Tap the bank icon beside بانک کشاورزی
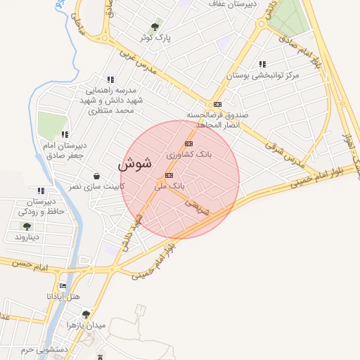[188, 143]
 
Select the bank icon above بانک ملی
[169, 175]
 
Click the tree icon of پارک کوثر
[155, 27]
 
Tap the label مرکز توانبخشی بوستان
[263, 74]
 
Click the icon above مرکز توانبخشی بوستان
[262, 63]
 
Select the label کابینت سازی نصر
[95, 186]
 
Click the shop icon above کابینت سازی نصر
[96, 176]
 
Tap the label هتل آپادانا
[64, 297]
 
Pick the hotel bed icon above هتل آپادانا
[63, 286]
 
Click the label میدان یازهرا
[85, 325]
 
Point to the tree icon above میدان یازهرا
[85, 314]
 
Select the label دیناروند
[27, 237]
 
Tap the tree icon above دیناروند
[27, 226]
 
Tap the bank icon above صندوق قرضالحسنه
[217, 104]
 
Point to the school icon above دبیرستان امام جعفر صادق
[65, 134]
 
